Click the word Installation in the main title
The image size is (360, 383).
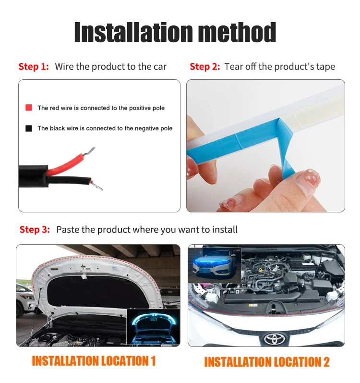126,33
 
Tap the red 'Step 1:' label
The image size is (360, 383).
34,67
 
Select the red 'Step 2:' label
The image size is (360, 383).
204,67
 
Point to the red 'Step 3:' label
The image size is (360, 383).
35,230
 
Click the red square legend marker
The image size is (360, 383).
29,108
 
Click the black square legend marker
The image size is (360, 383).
29,128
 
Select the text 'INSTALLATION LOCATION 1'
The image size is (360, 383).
94,361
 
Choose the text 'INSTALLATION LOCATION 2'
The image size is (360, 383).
267,362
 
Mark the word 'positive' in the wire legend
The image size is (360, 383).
136,108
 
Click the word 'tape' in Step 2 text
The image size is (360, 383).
325,67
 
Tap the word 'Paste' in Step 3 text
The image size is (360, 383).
67,230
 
